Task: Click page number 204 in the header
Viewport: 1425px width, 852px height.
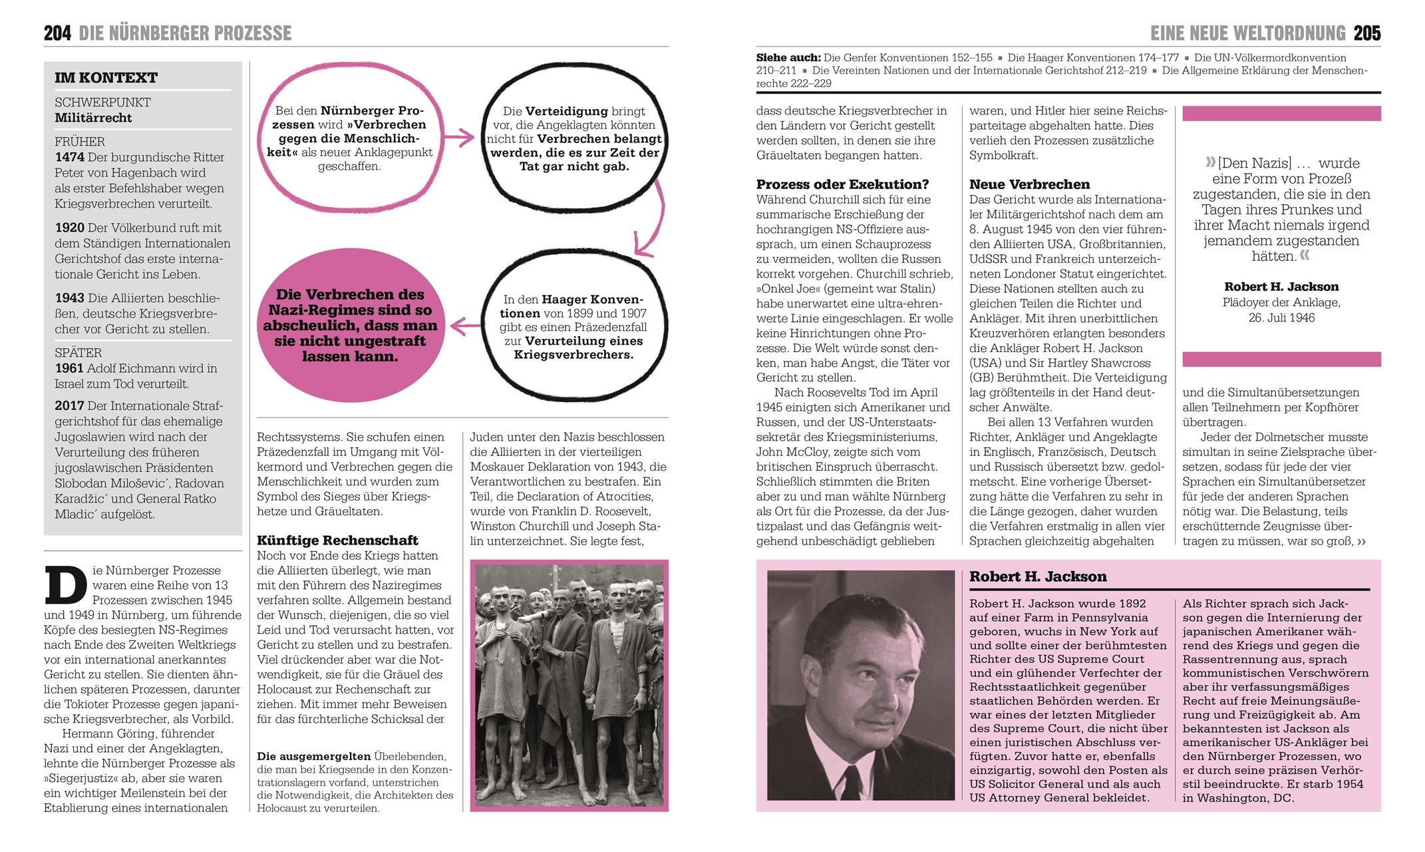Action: click(58, 33)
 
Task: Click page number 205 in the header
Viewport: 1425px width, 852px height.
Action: click(1367, 33)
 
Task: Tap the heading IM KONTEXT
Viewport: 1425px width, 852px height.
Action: click(106, 78)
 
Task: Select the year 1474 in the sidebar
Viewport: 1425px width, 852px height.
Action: click(69, 158)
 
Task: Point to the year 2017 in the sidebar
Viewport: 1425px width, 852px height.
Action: click(69, 406)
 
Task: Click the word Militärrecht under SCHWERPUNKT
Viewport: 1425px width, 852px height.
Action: click(93, 118)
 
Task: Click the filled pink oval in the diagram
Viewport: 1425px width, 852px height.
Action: click(350, 325)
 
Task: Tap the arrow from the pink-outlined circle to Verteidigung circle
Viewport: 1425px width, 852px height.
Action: click(459, 138)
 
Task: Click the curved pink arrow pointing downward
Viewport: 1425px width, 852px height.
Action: click(652, 220)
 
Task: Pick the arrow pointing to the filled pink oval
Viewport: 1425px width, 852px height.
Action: click(465, 326)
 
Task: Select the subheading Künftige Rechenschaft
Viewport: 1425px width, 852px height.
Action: click(337, 540)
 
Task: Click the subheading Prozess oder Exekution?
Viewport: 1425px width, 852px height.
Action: click(842, 184)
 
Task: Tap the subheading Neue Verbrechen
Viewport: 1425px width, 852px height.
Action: click(1029, 184)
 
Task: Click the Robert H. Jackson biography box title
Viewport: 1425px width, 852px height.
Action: click(1037, 577)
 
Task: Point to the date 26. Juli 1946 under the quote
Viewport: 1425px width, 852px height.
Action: click(1281, 318)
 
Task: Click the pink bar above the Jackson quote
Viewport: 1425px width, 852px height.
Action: click(1281, 114)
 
